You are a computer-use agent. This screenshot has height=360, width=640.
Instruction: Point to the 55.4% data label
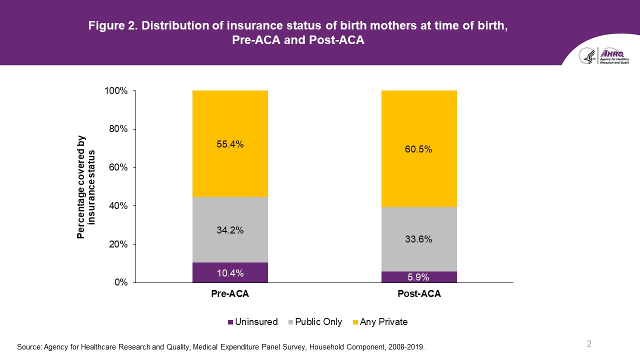tap(230, 144)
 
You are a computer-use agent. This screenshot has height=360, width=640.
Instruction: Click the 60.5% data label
tap(419, 149)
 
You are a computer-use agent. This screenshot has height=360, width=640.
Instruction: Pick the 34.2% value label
tap(230, 230)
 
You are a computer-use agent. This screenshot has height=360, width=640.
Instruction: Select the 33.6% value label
tap(419, 239)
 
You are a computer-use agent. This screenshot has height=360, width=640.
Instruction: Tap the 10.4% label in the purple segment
tap(230, 273)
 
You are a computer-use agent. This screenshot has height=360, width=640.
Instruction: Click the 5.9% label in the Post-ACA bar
tap(419, 277)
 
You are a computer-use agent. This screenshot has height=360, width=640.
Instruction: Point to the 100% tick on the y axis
tap(116, 91)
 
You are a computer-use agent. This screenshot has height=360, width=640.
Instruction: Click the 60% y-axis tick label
tap(118, 167)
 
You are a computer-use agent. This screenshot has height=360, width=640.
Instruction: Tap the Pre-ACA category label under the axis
tap(230, 294)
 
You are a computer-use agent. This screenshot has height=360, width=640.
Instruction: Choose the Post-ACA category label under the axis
tap(419, 294)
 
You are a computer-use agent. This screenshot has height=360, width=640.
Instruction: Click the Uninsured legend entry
tap(252, 322)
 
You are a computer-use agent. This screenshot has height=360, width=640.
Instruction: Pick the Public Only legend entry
tap(314, 322)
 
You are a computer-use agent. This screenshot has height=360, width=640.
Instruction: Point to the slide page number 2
tap(589, 343)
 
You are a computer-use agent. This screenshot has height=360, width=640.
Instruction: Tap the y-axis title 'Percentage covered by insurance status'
tap(85, 187)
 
